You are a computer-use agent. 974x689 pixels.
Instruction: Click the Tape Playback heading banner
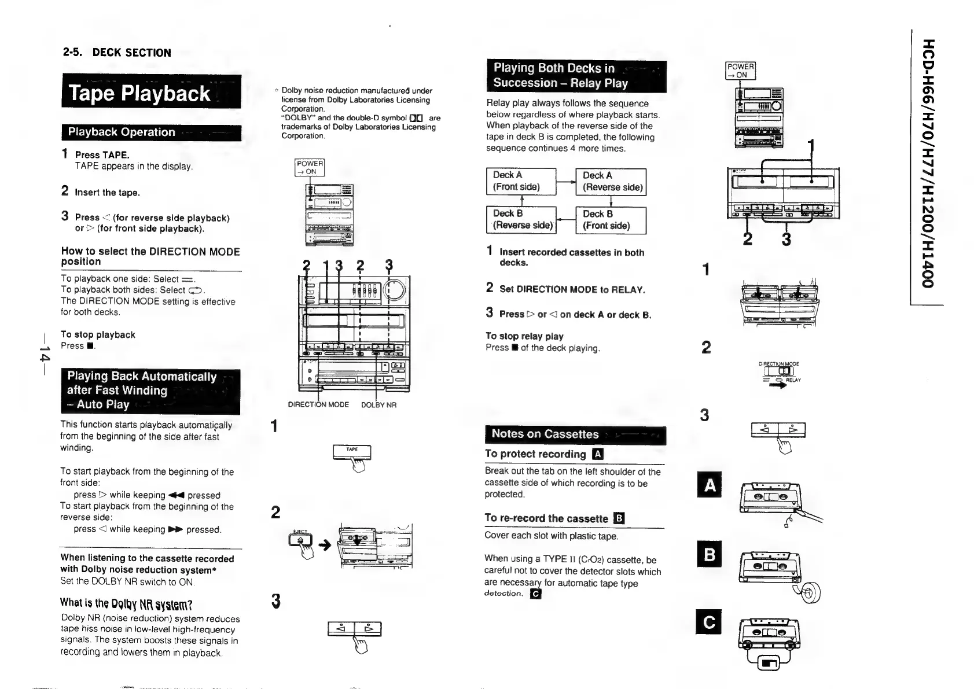[150, 93]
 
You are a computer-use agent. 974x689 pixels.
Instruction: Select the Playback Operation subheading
[150, 132]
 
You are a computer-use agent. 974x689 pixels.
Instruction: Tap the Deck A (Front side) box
[521, 181]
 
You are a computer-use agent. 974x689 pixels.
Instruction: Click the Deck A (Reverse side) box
[611, 181]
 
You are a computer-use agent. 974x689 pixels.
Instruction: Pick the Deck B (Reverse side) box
[521, 220]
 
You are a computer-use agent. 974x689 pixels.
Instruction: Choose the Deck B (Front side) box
[611, 220]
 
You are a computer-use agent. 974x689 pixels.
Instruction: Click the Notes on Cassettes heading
[575, 434]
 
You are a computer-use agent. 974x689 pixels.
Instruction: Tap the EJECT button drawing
[300, 540]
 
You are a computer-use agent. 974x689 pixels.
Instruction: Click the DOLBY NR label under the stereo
[378, 405]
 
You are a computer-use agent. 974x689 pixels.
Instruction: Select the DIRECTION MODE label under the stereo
[318, 405]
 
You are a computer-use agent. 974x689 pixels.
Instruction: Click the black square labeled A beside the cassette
[710, 485]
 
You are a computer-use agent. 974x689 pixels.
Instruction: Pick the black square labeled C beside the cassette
[710, 622]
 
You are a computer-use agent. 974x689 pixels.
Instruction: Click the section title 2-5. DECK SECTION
[117, 53]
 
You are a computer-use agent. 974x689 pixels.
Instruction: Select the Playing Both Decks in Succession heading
[576, 76]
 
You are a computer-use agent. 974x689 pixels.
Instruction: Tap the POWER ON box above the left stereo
[310, 167]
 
